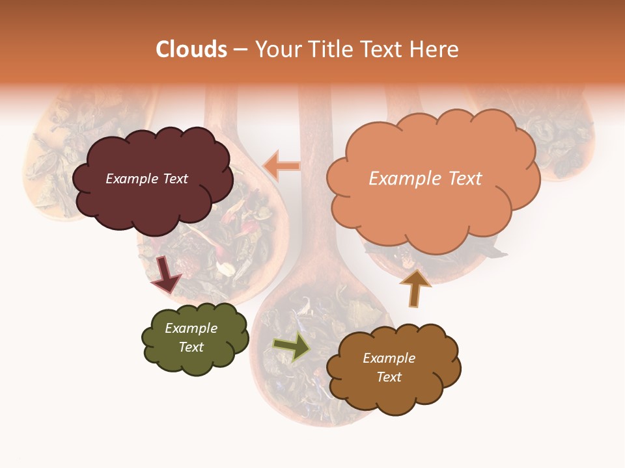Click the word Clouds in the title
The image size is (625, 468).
point(191,49)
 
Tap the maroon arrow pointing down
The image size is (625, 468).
point(165,274)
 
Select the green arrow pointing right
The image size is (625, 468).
point(292,346)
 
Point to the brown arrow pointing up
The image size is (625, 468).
point(415,287)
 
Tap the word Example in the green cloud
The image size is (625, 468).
point(191,328)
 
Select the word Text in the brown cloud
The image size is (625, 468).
point(389,377)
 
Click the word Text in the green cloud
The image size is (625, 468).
point(191,347)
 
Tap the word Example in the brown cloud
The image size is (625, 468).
point(389,358)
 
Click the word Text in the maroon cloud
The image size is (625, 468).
point(174,179)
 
